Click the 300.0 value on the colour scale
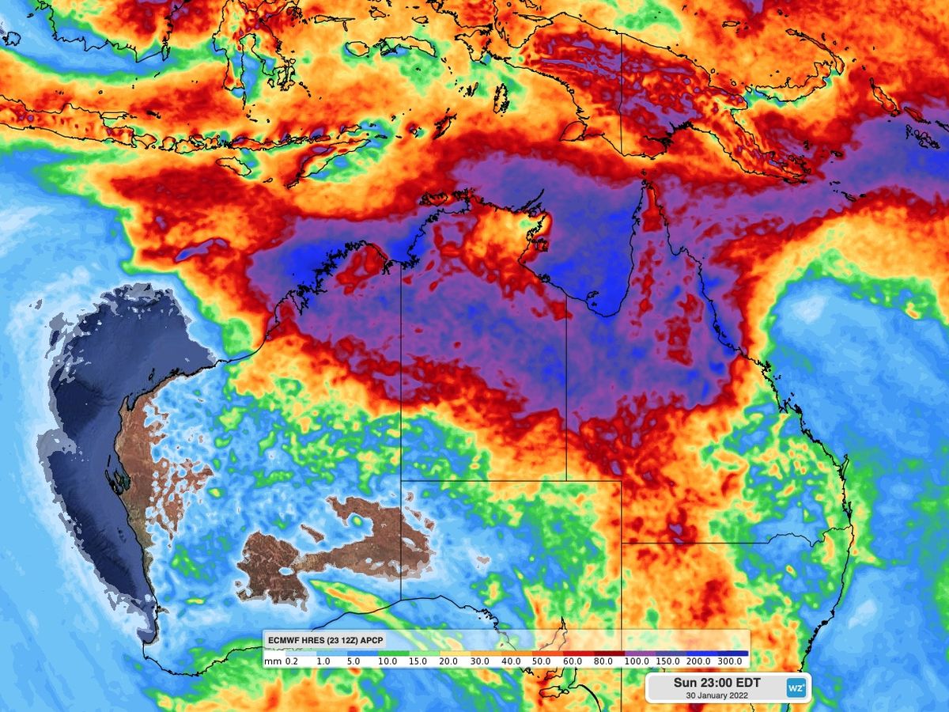pyautogui.click(x=729, y=661)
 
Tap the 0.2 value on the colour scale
pyautogui.click(x=291, y=661)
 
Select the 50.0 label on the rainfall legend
pyautogui.click(x=540, y=661)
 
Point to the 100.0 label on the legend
pyautogui.click(x=635, y=661)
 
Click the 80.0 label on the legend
pyautogui.click(x=603, y=661)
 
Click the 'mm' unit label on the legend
pyautogui.click(x=271, y=661)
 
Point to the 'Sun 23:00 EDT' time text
pyautogui.click(x=715, y=682)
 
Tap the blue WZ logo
pyautogui.click(x=796, y=687)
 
